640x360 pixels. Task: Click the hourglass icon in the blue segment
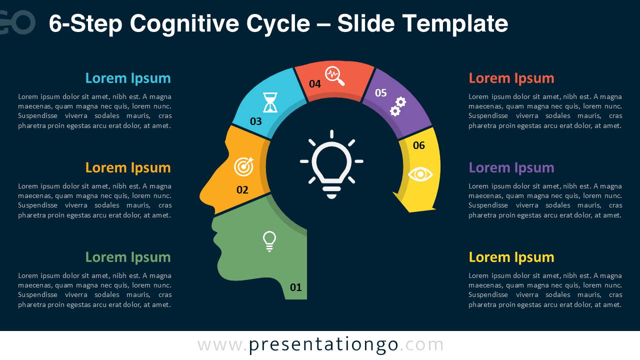(270, 102)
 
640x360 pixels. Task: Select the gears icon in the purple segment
(398, 106)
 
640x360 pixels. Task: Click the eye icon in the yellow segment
(420, 174)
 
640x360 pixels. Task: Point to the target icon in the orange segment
(244, 167)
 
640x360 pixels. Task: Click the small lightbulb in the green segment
(269, 241)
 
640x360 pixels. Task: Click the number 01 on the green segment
(296, 287)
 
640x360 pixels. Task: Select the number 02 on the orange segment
(242, 190)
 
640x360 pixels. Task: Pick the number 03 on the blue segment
(256, 121)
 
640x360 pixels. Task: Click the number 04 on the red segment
(315, 84)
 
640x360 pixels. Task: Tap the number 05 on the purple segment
(381, 93)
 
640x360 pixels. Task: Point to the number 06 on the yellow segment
(419, 145)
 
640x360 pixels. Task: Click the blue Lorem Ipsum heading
(128, 78)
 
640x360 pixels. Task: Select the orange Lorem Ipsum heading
(128, 168)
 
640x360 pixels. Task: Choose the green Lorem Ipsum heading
(128, 257)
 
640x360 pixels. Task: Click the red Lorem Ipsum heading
(511, 78)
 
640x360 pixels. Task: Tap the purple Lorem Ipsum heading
(511, 168)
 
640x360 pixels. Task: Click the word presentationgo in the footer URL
(323, 345)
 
